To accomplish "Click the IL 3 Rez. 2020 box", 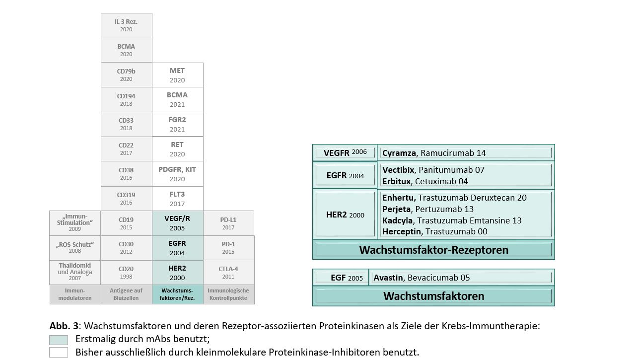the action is pos(127,25).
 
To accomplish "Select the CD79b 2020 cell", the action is pos(127,75).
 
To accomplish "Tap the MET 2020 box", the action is pos(177,75).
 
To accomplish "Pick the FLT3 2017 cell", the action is pos(177,199).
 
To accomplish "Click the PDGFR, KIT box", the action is pos(177,174).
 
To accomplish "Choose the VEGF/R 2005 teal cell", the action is pos(177,223).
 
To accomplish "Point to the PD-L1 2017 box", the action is pos(228,223).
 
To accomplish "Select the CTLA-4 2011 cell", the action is pos(228,273).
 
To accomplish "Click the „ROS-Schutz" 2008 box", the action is pos(75,248).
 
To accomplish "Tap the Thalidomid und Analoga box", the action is pos(75,273).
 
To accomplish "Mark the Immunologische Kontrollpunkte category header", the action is pos(228,294).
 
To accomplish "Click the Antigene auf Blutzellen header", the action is pos(127,294).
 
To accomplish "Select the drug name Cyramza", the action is pos(399,153).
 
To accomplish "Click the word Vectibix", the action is pos(398,170).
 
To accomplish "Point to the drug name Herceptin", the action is pos(402,231).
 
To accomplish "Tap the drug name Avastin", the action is pos(388,278).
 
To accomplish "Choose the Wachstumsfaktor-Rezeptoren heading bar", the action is pos(433,250).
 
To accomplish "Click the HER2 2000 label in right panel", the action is pos(345,215).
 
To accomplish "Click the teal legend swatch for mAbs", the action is pos(59,340).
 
